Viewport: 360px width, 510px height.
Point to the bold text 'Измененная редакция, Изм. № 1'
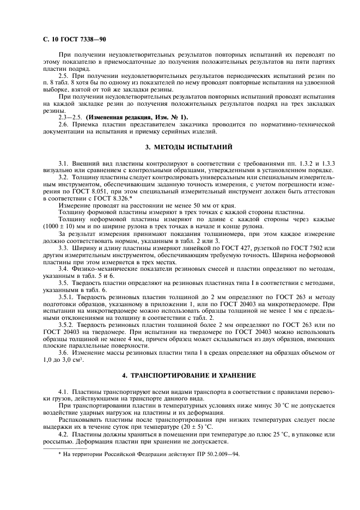pos(137,117)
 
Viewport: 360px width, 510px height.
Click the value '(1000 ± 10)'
pos(57,227)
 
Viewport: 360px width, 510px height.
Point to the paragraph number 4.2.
pos(64,434)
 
